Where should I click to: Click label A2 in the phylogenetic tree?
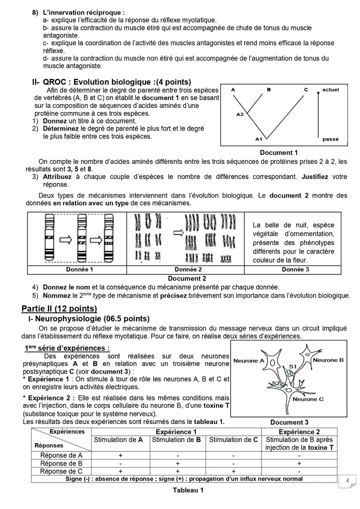pyautogui.click(x=239, y=114)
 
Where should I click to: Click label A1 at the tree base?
pyautogui.click(x=258, y=138)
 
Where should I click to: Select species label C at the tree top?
pyautogui.click(x=305, y=89)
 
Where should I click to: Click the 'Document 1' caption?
pyautogui.click(x=279, y=152)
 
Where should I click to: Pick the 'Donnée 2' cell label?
pyautogui.click(x=185, y=269)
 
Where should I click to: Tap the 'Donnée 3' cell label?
pyautogui.click(x=295, y=269)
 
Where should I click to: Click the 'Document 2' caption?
pyautogui.click(x=187, y=278)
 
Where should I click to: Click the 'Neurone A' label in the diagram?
pyautogui.click(x=248, y=360)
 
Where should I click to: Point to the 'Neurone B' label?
pyautogui.click(x=327, y=359)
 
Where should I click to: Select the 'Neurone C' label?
pyautogui.click(x=307, y=399)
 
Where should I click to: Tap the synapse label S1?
pyautogui.click(x=293, y=367)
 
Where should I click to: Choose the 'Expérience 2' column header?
pyautogui.click(x=306, y=431)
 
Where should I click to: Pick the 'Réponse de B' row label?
pyautogui.click(x=60, y=463)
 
